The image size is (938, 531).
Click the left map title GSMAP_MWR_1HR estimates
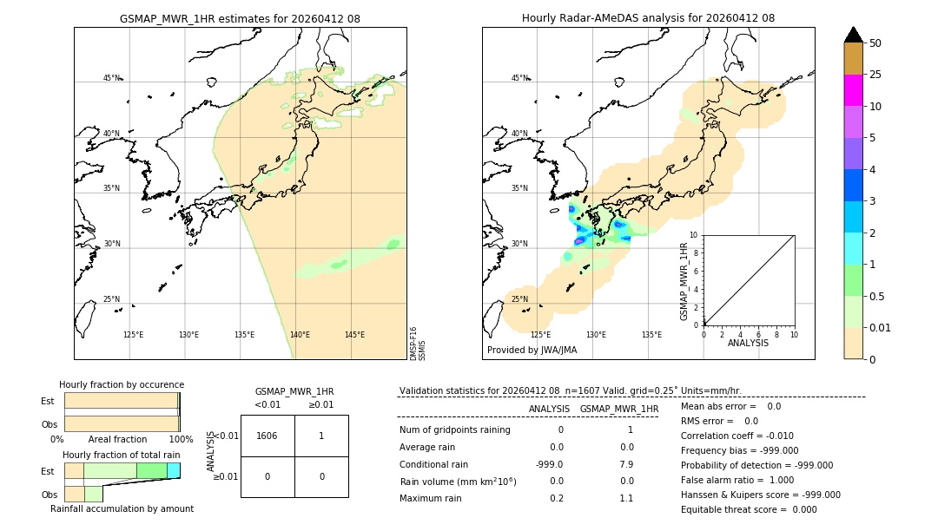point(240,18)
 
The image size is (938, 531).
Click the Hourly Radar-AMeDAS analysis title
point(648,18)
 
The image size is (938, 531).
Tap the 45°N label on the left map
point(112,78)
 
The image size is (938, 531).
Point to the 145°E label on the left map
point(354,335)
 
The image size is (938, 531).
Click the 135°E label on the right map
point(651,335)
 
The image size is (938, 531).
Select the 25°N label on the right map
point(519,299)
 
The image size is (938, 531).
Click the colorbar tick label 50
point(875,43)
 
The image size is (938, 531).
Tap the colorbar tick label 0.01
point(881,327)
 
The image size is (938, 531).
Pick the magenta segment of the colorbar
point(853,90)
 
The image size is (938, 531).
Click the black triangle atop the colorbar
point(853,35)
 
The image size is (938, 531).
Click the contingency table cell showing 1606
point(268,436)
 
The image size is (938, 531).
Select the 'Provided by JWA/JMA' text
point(532,350)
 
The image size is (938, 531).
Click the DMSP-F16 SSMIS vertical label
point(418,344)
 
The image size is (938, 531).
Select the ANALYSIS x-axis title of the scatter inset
point(748,343)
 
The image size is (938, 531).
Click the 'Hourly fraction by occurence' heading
point(122,384)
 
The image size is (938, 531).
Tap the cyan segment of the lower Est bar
point(174,470)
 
